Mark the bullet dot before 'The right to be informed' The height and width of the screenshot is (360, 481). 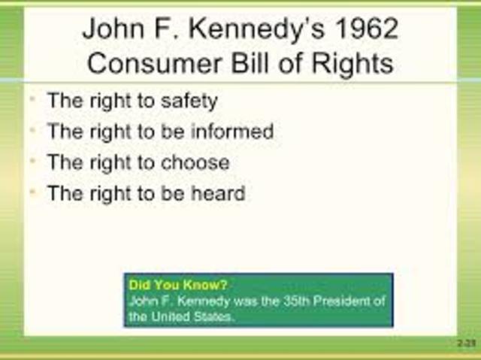(x=32, y=132)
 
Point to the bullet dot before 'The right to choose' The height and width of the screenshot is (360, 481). (x=32, y=162)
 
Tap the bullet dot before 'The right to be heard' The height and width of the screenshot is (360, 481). (x=32, y=193)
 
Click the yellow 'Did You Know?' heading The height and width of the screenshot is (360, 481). (x=178, y=286)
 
